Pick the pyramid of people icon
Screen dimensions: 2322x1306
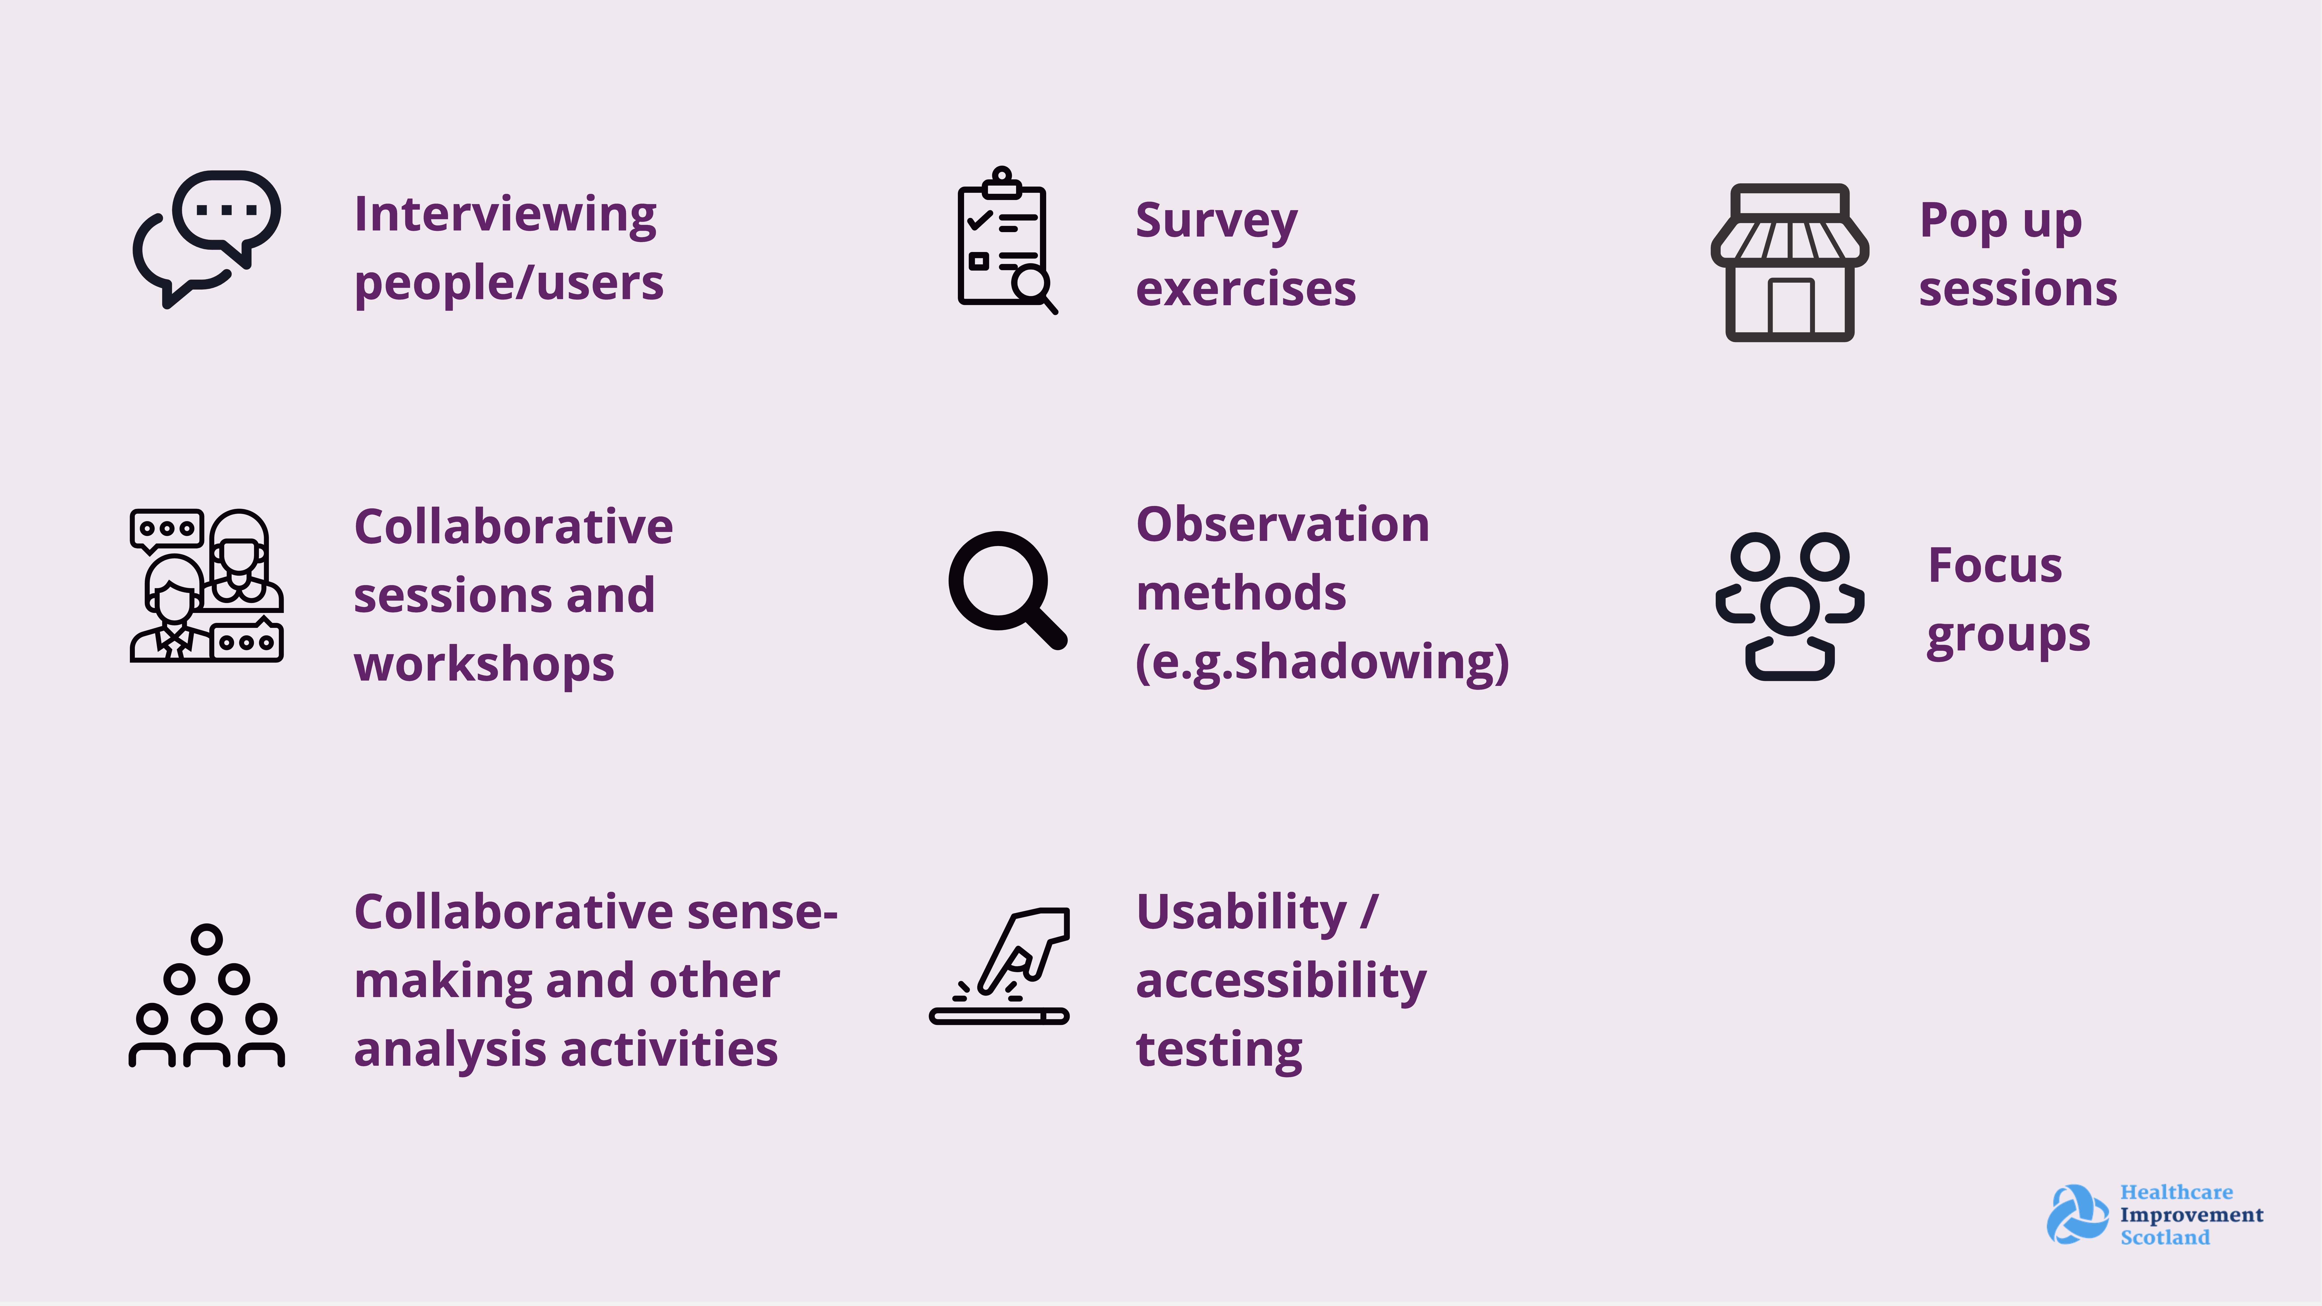coord(206,995)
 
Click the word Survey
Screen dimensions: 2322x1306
coord(1216,221)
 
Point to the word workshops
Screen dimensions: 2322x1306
coord(484,665)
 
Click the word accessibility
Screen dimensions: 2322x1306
coord(1281,981)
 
